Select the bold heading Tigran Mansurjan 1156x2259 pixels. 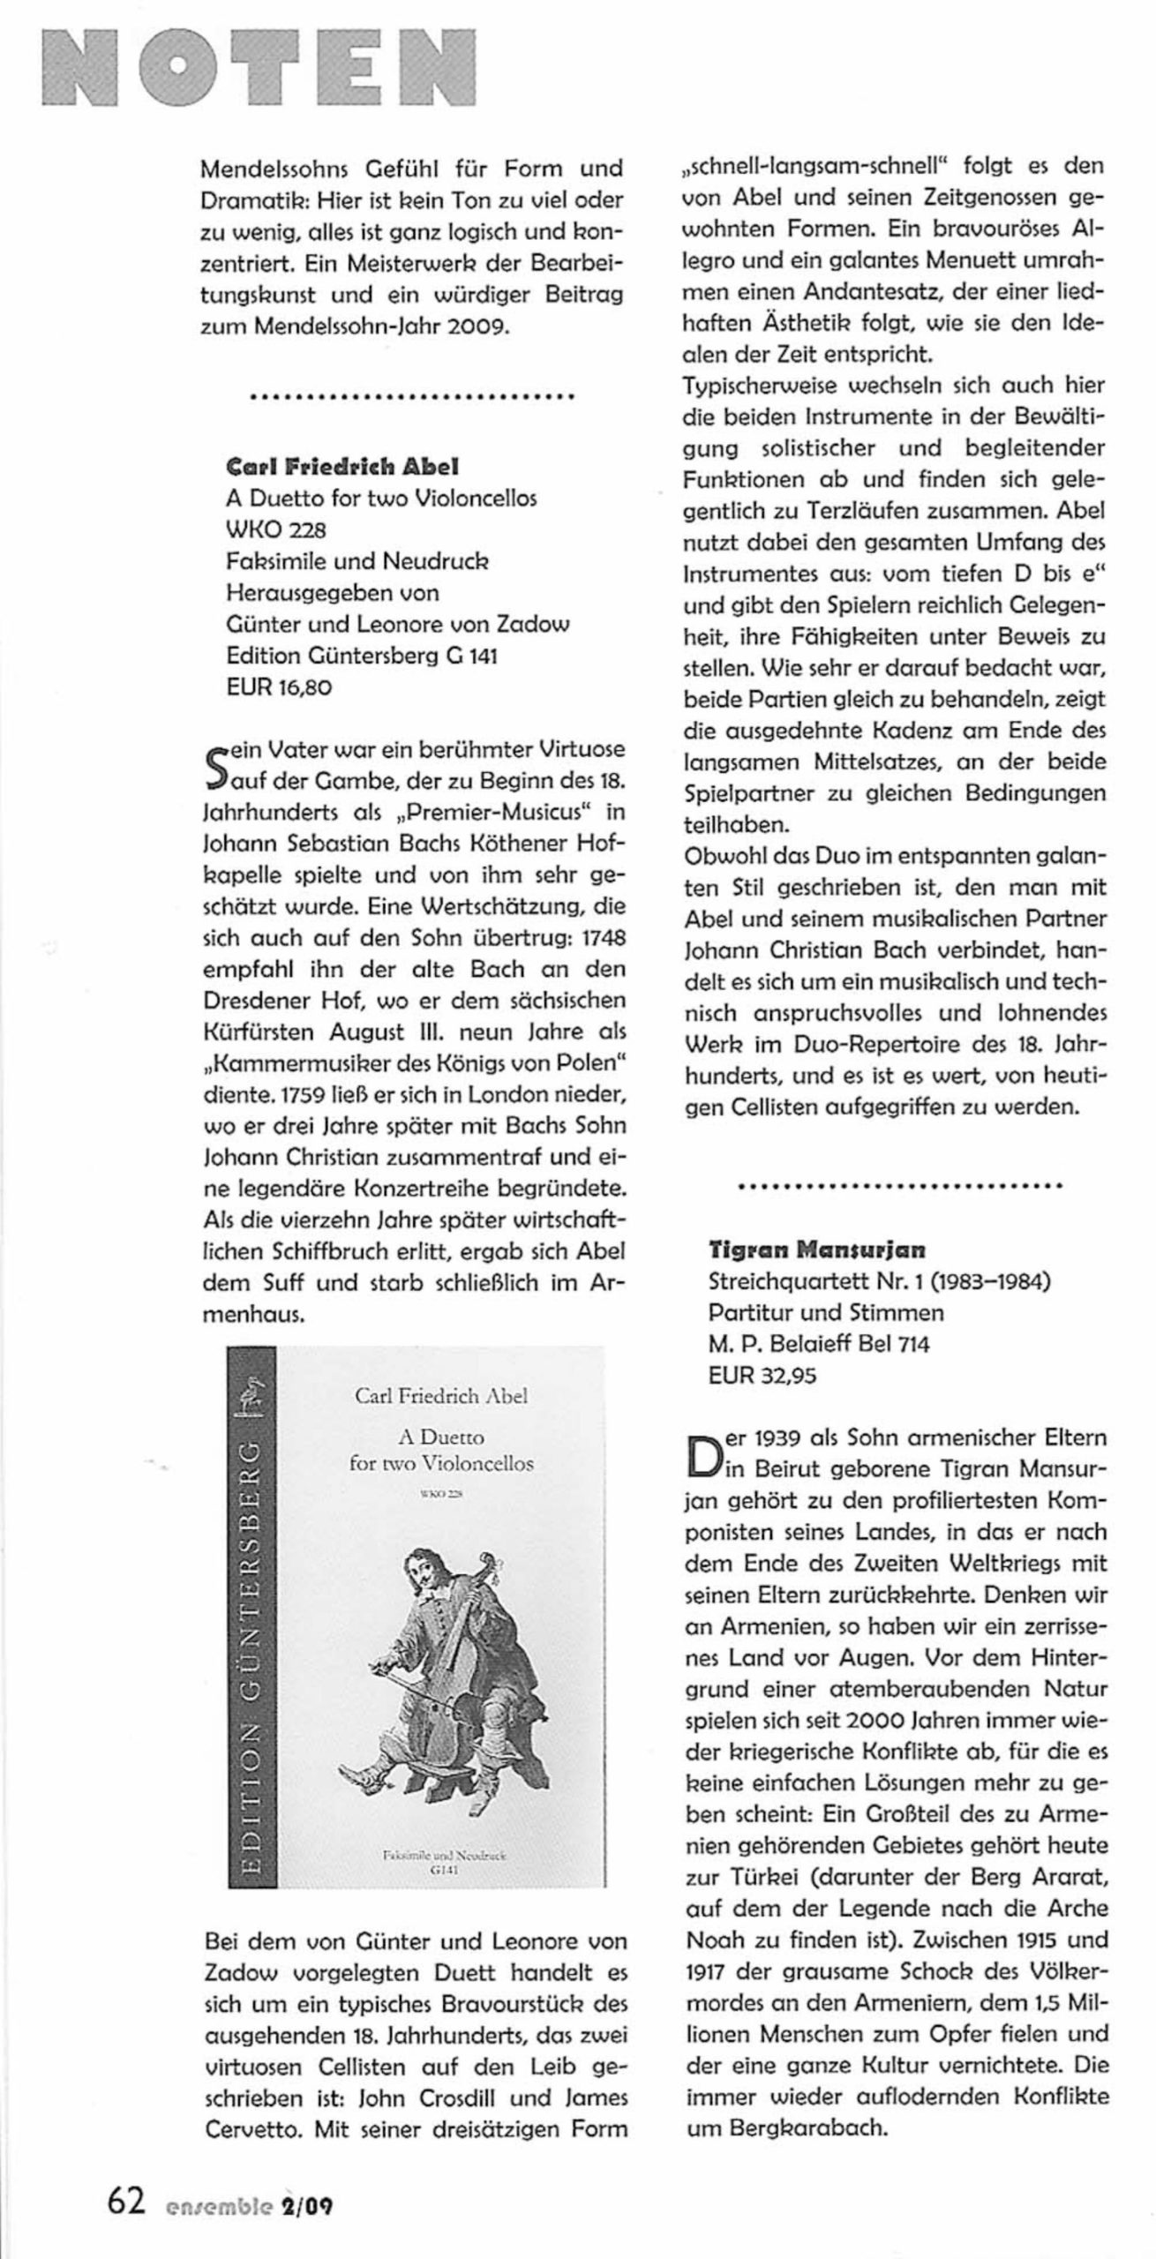point(817,1250)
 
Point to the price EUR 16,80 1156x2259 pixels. point(279,687)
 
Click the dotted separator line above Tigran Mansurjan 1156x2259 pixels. point(899,1186)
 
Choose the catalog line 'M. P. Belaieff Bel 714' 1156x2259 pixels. point(819,1344)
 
